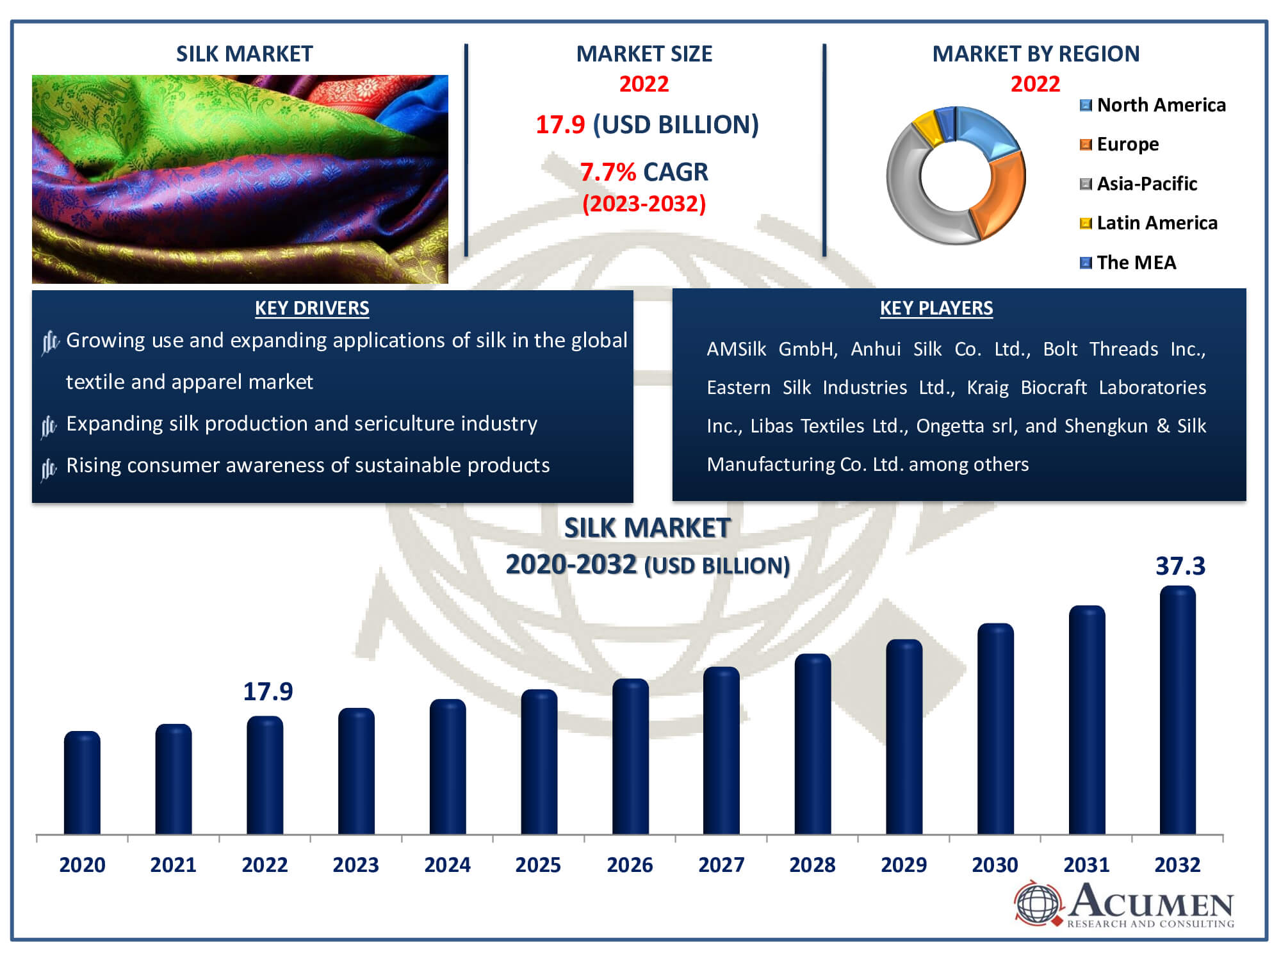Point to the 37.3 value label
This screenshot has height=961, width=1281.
pyautogui.click(x=1180, y=566)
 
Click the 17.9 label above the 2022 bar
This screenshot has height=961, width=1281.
pyautogui.click(x=268, y=692)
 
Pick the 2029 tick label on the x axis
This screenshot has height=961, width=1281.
pyautogui.click(x=903, y=865)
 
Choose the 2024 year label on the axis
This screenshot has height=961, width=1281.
pyautogui.click(x=447, y=865)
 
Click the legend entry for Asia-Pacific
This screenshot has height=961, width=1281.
pyautogui.click(x=1146, y=184)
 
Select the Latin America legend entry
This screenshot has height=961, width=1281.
pyautogui.click(x=1156, y=223)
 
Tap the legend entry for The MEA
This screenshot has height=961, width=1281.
pyautogui.click(x=1136, y=263)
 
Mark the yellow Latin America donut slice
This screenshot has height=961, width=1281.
pyautogui.click(x=926, y=127)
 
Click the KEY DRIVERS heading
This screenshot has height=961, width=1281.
pyautogui.click(x=312, y=308)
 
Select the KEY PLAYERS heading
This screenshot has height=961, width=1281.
pyautogui.click(x=936, y=308)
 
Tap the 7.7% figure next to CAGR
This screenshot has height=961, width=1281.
pyautogui.click(x=608, y=172)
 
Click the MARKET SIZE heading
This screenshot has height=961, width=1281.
pyautogui.click(x=644, y=54)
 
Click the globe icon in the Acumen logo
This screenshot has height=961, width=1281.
pyautogui.click(x=1038, y=903)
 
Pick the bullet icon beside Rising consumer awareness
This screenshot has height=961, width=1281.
pyautogui.click(x=49, y=469)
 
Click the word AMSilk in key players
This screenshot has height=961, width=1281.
pyautogui.click(x=736, y=349)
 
